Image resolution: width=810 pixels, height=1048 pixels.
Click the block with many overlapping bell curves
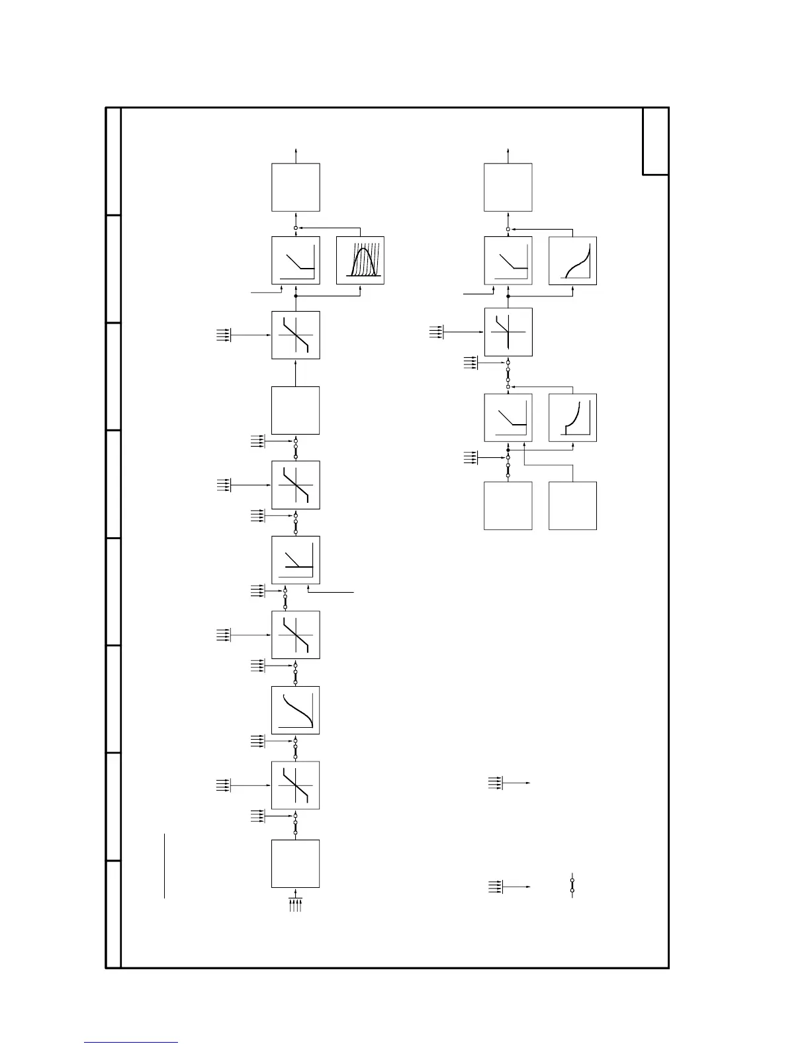click(x=360, y=261)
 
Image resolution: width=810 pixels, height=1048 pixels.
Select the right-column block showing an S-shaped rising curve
click(x=572, y=261)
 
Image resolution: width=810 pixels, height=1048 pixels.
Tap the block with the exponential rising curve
click(x=572, y=417)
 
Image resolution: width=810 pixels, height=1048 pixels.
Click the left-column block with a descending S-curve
click(x=296, y=710)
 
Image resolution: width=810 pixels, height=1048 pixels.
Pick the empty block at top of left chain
click(x=296, y=187)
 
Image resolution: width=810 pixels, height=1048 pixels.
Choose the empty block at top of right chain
click(x=508, y=187)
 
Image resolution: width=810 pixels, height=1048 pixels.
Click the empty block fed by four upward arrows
click(x=296, y=863)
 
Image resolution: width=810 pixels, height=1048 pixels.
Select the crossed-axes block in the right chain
click(x=508, y=331)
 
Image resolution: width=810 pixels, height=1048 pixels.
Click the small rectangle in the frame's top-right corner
click(x=655, y=142)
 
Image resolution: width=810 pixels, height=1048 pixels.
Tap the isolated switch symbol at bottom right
click(x=572, y=885)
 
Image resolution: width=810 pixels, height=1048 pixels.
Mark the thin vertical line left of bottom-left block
click(x=164, y=866)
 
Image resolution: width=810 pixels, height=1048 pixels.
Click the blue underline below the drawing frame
click(x=131, y=1043)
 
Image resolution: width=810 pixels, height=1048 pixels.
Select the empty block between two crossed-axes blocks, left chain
click(x=296, y=410)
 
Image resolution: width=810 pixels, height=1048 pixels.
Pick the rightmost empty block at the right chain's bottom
click(x=572, y=505)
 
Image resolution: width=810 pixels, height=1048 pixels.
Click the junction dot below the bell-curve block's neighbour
click(x=296, y=296)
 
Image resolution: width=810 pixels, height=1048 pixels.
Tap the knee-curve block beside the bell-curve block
click(x=296, y=261)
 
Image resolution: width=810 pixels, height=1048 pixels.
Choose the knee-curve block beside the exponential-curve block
click(x=508, y=417)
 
